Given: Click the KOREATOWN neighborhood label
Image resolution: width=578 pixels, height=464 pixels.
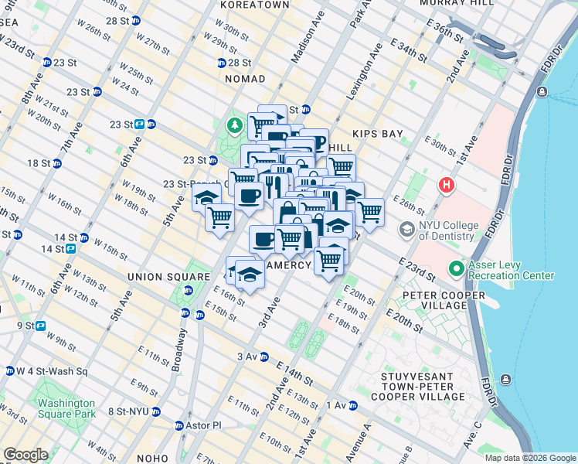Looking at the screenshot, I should click(x=254, y=5).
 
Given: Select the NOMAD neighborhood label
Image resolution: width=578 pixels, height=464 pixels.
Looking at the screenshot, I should click(x=245, y=79).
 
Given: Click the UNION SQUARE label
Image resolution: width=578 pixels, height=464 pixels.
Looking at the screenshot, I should click(x=158, y=277).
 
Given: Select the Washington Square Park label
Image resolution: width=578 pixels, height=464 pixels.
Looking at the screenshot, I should click(x=66, y=408).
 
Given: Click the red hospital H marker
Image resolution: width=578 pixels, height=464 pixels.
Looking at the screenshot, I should click(x=446, y=186).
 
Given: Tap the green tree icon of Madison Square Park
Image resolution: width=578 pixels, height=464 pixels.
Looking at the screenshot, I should click(x=233, y=125).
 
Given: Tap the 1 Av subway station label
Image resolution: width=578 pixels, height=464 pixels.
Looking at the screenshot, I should click(x=338, y=405).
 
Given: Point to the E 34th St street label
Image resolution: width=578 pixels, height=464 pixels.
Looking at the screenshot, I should click(x=407, y=49).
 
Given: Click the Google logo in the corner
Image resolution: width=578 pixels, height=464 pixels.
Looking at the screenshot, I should click(x=25, y=455).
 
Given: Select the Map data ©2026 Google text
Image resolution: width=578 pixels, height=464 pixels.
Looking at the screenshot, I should click(x=529, y=458).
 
